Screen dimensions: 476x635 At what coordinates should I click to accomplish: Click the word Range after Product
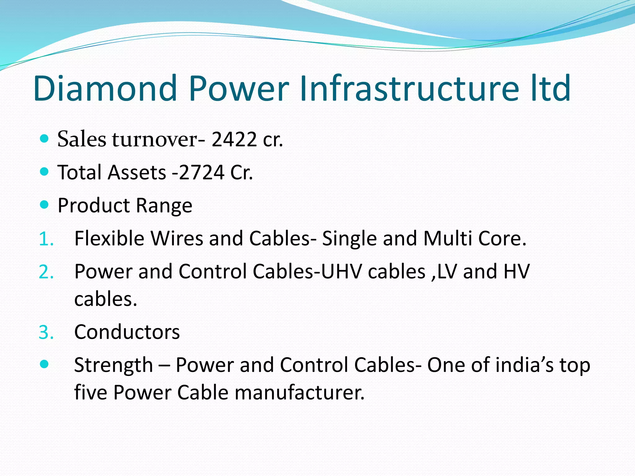tap(164, 205)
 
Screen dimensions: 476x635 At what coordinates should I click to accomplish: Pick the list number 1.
tap(46, 239)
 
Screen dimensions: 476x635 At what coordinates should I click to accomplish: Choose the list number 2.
tap(46, 272)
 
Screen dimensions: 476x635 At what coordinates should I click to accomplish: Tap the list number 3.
tap(46, 333)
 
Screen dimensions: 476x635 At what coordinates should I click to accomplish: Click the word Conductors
tap(127, 332)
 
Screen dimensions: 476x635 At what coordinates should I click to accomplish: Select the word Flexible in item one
tap(109, 239)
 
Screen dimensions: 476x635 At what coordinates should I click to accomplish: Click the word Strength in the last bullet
tap(113, 365)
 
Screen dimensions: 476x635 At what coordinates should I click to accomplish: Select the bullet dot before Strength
tap(45, 364)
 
